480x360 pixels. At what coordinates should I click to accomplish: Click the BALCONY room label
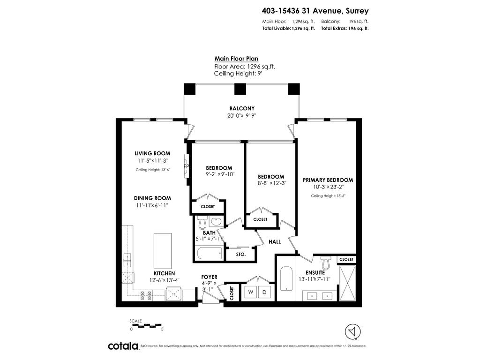click(242, 108)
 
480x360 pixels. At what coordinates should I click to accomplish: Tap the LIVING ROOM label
click(152, 153)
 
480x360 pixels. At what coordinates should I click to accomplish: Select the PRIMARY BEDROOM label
click(328, 180)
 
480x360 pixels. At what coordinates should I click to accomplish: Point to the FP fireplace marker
click(186, 166)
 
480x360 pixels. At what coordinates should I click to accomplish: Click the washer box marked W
click(250, 292)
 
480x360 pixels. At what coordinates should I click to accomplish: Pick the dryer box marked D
click(264, 292)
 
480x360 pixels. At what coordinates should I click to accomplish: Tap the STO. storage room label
click(241, 255)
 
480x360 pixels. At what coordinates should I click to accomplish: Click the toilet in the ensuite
click(325, 262)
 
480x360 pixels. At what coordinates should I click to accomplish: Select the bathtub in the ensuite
click(286, 278)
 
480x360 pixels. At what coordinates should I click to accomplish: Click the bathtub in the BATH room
click(210, 254)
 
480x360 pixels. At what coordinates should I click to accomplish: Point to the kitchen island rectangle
click(163, 251)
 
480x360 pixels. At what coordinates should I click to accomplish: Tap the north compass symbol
click(352, 332)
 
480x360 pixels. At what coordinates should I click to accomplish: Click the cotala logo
click(124, 346)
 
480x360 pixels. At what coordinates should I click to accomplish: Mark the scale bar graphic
click(147, 325)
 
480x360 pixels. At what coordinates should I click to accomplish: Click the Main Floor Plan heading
click(236, 59)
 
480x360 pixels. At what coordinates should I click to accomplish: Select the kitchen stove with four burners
click(146, 295)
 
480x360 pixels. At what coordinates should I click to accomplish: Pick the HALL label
click(275, 241)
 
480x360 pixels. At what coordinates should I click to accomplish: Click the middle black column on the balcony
click(240, 89)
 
